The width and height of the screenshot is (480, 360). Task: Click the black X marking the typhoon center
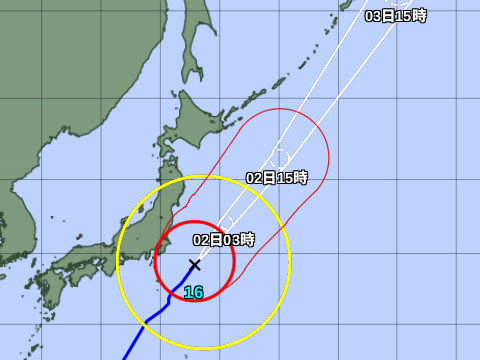[x=194, y=264]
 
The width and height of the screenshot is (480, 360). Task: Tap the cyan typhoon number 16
[x=193, y=292]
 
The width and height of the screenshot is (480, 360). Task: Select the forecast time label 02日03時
[x=224, y=240]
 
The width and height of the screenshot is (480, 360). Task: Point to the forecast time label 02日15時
[x=277, y=177]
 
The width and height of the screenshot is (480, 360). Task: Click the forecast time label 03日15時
[x=396, y=15]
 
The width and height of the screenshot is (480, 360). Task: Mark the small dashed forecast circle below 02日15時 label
[x=280, y=157]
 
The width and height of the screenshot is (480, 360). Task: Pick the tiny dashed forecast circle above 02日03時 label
[x=228, y=221]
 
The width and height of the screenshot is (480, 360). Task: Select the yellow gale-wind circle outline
[x=290, y=262]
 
